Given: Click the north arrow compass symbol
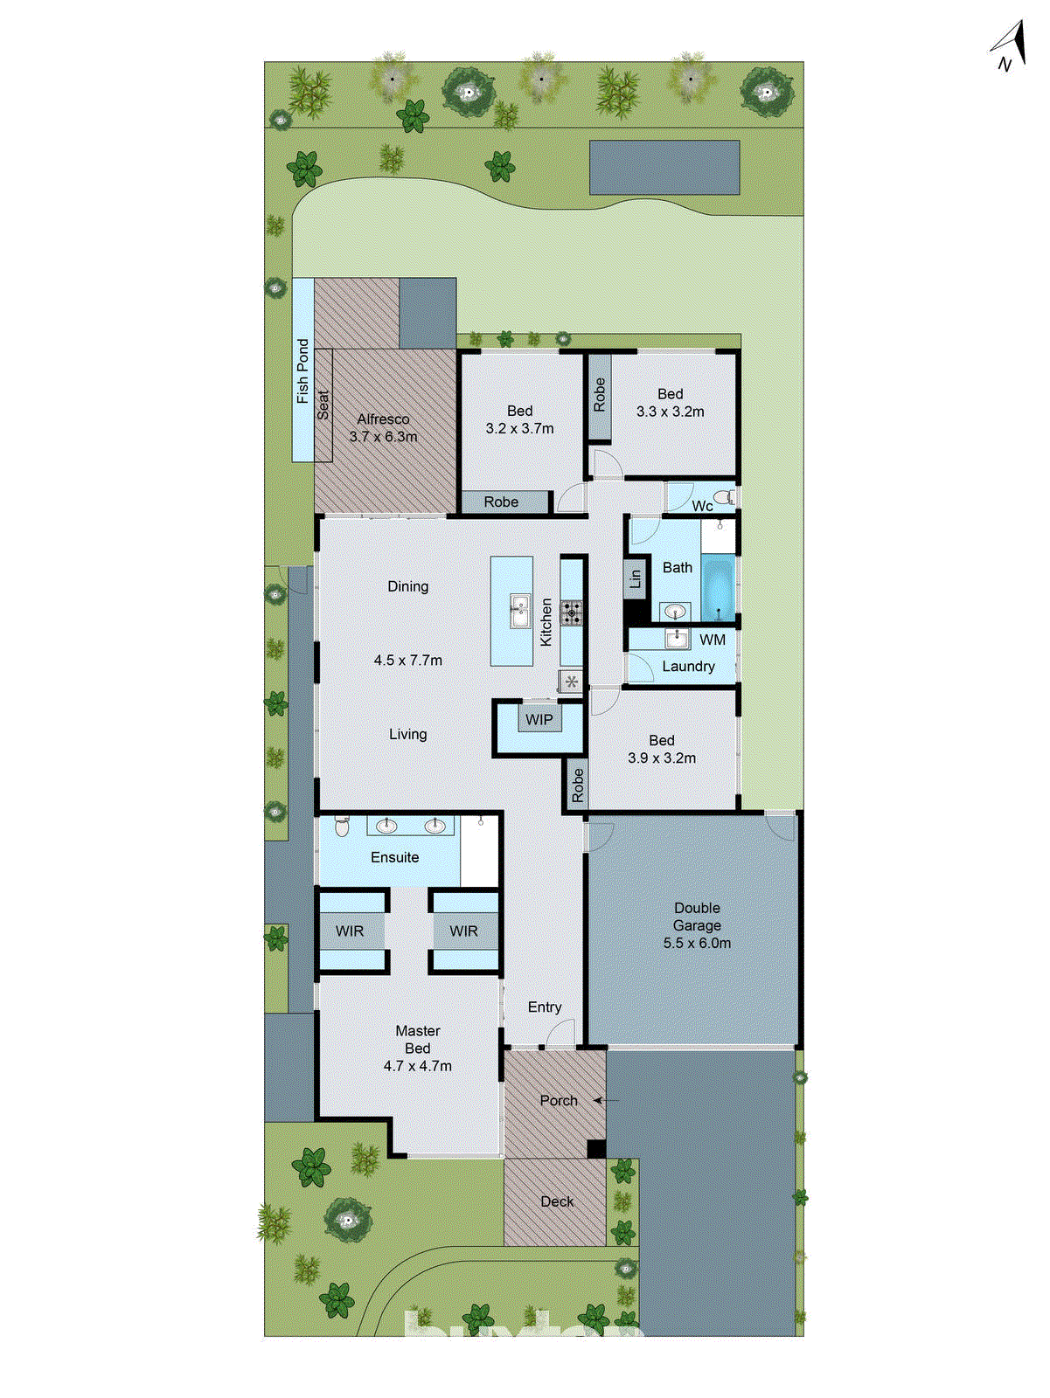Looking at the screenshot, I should click(x=1011, y=46).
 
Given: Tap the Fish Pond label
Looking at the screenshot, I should click(x=302, y=371).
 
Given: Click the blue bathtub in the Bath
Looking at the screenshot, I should click(x=719, y=588).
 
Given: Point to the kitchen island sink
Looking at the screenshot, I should click(x=519, y=610).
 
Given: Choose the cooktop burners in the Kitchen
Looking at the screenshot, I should click(x=572, y=612).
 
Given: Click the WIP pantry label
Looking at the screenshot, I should click(x=539, y=720).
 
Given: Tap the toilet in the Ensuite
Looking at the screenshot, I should click(x=342, y=826).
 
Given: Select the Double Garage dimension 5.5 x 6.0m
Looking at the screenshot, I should click(x=697, y=944).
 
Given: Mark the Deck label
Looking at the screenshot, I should click(x=557, y=1202).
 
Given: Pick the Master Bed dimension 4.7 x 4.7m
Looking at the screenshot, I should click(x=418, y=1066).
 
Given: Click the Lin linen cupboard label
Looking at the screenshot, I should click(x=636, y=578).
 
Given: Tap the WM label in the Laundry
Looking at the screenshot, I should click(x=713, y=640).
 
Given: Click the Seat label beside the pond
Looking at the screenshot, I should click(x=323, y=405).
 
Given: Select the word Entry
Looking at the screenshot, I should click(x=545, y=1007).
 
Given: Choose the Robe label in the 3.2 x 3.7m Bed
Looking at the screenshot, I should click(x=501, y=502).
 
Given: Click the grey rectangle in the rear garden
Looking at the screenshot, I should click(x=664, y=167).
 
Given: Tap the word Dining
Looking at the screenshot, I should click(x=408, y=586).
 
